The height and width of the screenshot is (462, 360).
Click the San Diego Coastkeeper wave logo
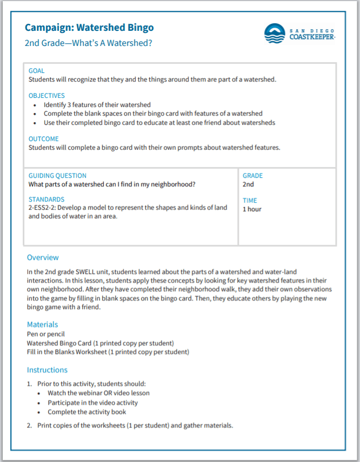coord(274,34)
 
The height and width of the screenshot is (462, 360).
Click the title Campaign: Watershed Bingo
coord(89,28)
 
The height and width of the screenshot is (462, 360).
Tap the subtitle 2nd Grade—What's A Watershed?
coord(88,43)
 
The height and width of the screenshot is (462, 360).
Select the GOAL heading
coord(37,71)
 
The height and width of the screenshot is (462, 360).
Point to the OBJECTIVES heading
coord(46,96)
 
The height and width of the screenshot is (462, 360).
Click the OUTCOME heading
coord(44,139)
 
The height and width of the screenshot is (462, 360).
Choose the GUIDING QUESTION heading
coord(57,176)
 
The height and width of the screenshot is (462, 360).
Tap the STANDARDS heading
coord(46,199)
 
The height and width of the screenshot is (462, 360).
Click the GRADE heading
coord(252,176)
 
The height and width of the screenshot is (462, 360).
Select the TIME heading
coord(250,200)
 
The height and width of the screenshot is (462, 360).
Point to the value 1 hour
coord(252,209)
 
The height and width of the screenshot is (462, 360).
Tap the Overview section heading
coord(43,258)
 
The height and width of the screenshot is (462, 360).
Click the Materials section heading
coord(42,324)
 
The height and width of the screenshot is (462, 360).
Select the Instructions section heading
coord(47,370)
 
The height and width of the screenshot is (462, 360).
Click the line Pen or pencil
coord(45,334)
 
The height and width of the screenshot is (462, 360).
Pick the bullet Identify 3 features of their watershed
coord(97,105)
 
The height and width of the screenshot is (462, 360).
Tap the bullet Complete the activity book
coord(87,412)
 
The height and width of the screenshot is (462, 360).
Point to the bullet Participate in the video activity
coord(92,403)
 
